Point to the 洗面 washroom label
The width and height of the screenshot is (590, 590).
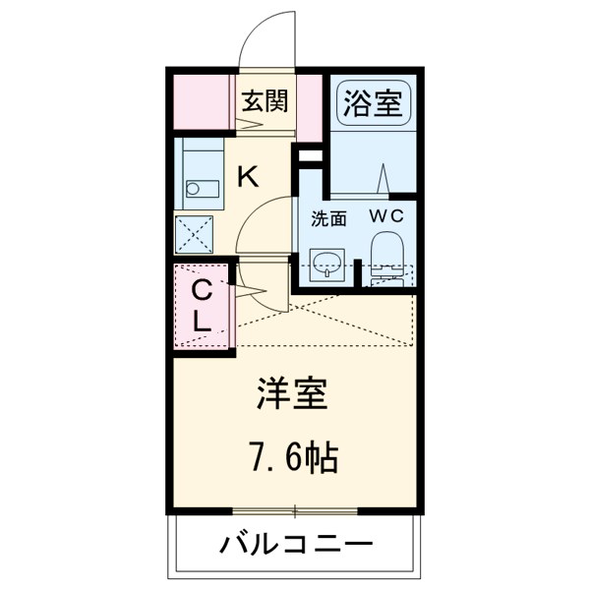coord(328,219)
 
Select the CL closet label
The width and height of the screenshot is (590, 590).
coord(201,306)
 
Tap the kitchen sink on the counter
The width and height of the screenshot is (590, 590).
coord(193,186)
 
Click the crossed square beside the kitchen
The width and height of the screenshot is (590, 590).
coord(194,235)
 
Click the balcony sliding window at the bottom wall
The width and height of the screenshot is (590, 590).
coord(295,510)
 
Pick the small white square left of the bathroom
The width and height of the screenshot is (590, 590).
coord(309,155)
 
